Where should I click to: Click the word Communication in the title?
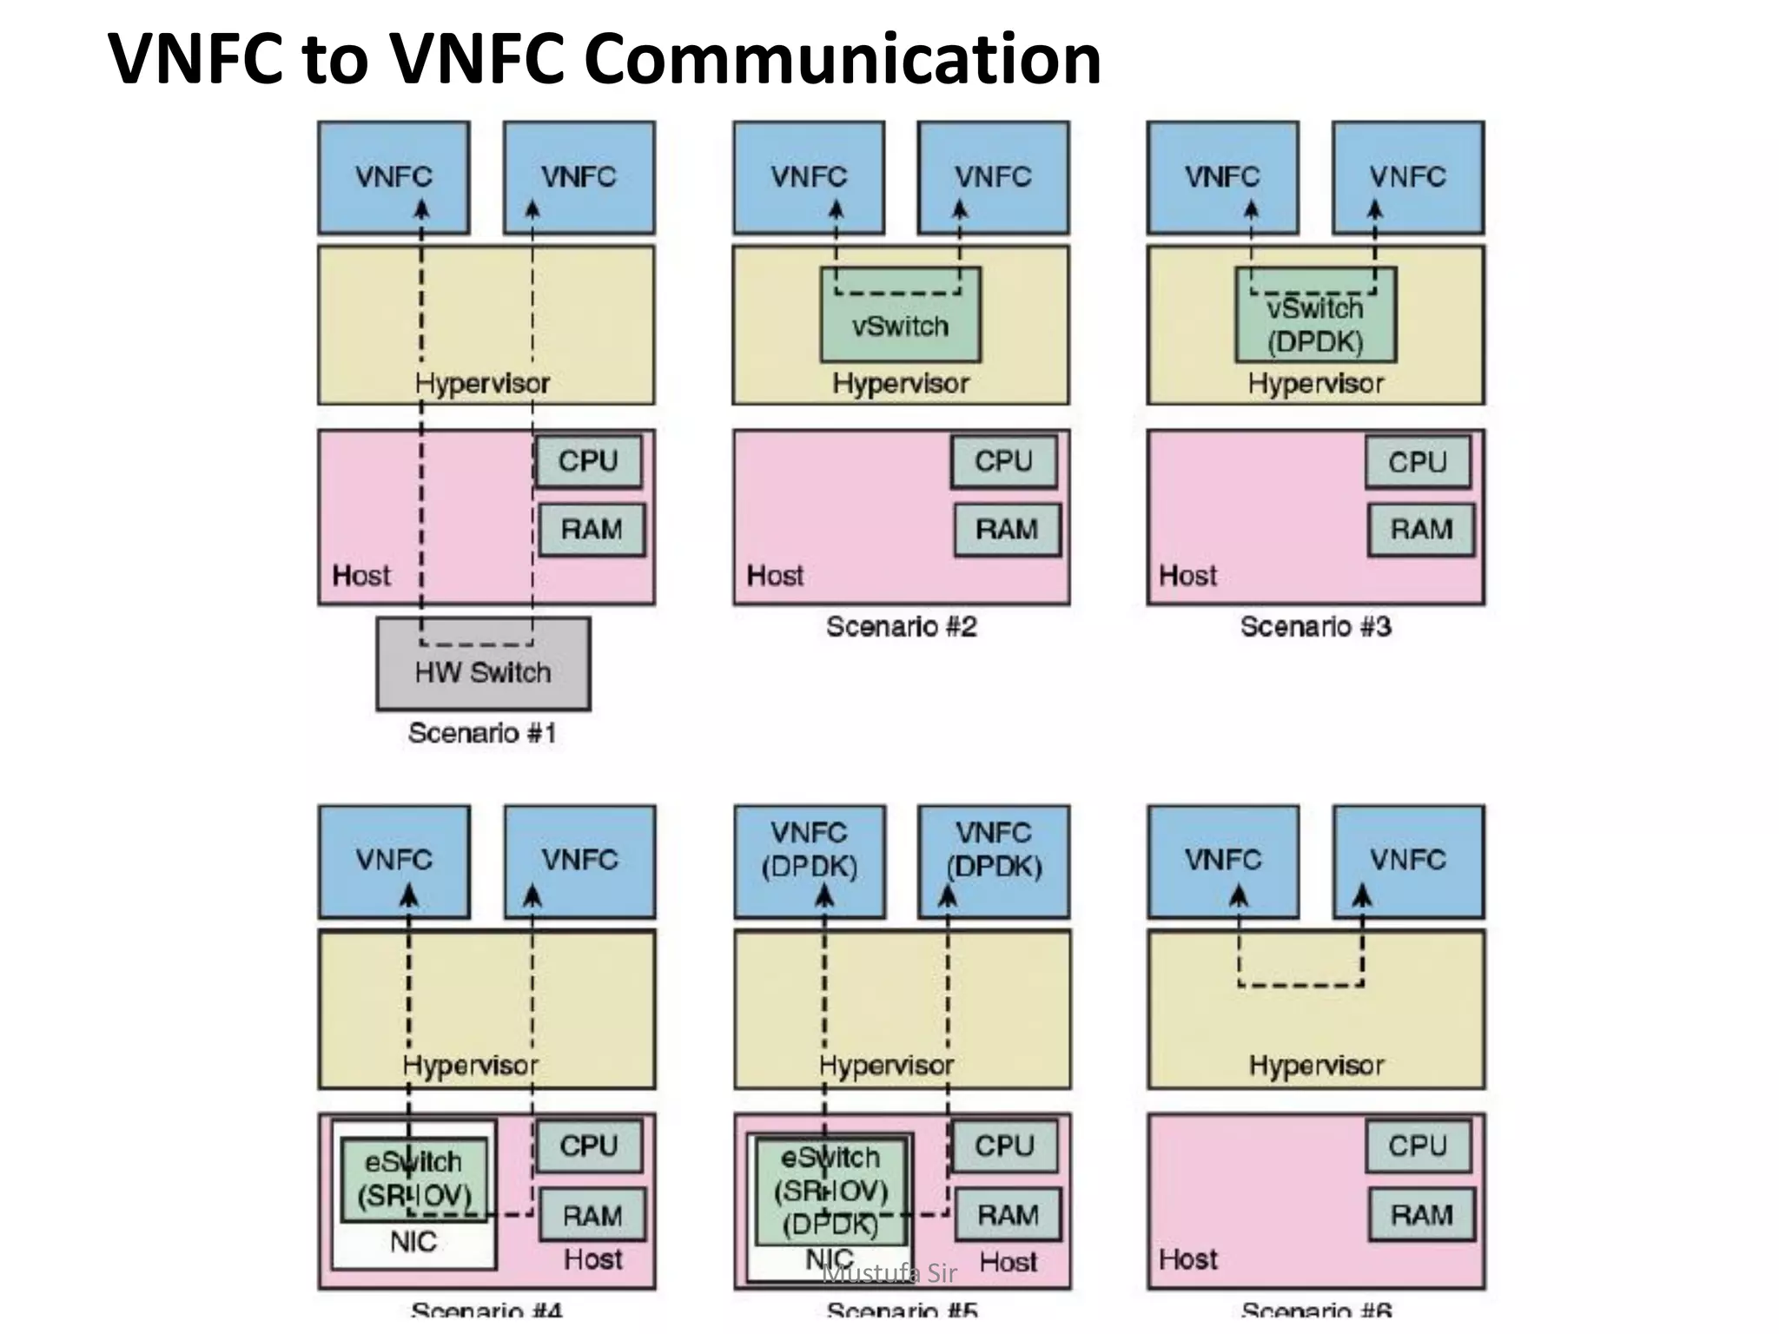[842, 59]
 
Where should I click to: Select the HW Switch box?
[483, 673]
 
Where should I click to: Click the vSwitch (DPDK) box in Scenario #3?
[1315, 325]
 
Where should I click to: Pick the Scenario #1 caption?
[482, 733]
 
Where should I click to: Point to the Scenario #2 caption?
[901, 626]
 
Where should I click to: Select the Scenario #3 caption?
[1315, 626]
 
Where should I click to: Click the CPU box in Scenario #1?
[588, 461]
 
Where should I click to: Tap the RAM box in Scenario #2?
[1007, 529]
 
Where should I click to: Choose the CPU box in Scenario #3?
[1418, 461]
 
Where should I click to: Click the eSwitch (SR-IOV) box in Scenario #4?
[413, 1179]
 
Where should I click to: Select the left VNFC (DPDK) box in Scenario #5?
[809, 861]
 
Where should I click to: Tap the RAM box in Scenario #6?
[1421, 1214]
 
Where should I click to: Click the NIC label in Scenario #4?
[413, 1242]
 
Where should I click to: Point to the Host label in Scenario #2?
[775, 576]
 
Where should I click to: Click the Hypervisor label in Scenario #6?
[1316, 1066]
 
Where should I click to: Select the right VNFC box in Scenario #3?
[1407, 178]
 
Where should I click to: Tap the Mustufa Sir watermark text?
[889, 1274]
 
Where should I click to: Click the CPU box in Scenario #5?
[1004, 1146]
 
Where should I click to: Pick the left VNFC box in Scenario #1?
[393, 178]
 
